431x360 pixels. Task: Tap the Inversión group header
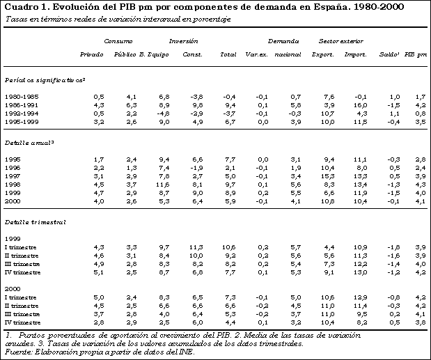click(183, 42)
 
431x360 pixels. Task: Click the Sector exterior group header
click(340, 42)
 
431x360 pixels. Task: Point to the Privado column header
click(92, 54)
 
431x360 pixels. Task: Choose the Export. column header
click(322, 54)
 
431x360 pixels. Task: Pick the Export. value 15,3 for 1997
click(328, 176)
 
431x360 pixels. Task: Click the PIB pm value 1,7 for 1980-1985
click(420, 95)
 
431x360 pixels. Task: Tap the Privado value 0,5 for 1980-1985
click(99, 95)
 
